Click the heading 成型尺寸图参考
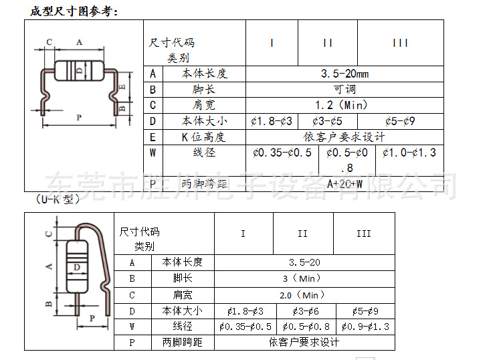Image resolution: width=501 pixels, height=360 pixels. pos(74,12)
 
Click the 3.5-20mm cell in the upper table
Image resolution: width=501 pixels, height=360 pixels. pos(344,74)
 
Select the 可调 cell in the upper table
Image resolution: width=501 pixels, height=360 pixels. pos(344,89)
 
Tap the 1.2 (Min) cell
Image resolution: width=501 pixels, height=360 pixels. pos(344,105)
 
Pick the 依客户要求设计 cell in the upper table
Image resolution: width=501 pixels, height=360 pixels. pos(344,137)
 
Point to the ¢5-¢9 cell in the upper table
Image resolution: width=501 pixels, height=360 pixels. pos(401,121)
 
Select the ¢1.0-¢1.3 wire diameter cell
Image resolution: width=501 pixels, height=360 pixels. pos(409,153)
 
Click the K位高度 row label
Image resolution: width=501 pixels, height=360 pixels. pos(204,137)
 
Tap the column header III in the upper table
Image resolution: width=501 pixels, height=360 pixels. pos(401,43)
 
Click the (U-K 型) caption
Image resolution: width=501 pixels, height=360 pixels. pos(58,199)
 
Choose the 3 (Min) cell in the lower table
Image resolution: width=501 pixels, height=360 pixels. pos(304,278)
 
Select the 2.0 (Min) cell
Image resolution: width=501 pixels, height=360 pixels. pos(304,294)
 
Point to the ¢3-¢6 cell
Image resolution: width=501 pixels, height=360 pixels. pos(305,310)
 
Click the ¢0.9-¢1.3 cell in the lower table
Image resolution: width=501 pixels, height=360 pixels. pos(365,327)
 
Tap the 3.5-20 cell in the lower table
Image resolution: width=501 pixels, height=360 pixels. pos(304,262)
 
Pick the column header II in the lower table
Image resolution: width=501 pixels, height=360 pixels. pos(303,234)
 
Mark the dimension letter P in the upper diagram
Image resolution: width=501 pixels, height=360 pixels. pos(78,118)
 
